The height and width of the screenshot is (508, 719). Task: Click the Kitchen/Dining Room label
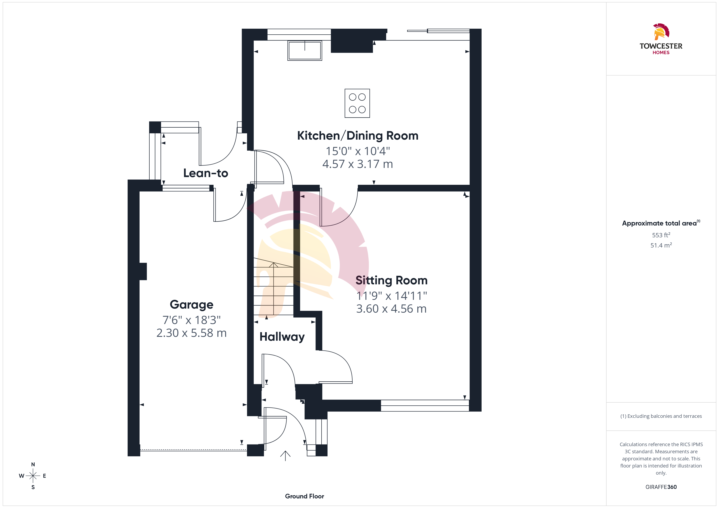pos(358,136)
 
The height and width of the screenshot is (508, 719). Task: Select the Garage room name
pos(192,305)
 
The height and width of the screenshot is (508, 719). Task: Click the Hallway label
pos(282,337)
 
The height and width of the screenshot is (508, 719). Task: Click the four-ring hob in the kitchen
pos(357,103)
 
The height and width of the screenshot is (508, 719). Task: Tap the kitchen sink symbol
pos(305,50)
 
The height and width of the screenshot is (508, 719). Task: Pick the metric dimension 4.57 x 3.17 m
pos(358,164)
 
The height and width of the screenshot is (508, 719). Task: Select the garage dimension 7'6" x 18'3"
pos(192,320)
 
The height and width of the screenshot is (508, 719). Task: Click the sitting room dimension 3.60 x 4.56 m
pos(391,309)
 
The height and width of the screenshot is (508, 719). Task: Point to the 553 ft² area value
pos(661,235)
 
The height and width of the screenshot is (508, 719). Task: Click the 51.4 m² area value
pos(661,245)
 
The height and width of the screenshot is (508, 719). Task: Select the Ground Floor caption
pos(304,496)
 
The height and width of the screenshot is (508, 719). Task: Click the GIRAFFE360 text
pos(661,487)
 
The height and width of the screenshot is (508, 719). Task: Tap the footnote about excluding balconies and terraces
pos(661,416)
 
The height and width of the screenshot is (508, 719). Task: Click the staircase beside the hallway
pos(273,286)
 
